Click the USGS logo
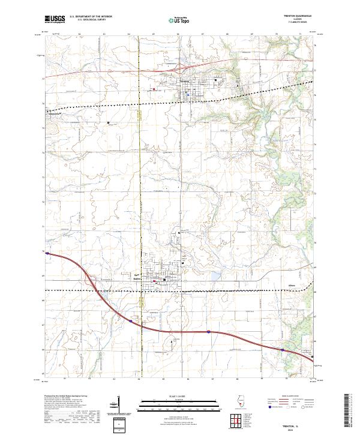pos(55,19)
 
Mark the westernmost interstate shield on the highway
pos(131,321)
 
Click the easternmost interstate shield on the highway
pos(283,349)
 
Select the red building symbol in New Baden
pos(155,281)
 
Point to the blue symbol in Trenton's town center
pos(188,94)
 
